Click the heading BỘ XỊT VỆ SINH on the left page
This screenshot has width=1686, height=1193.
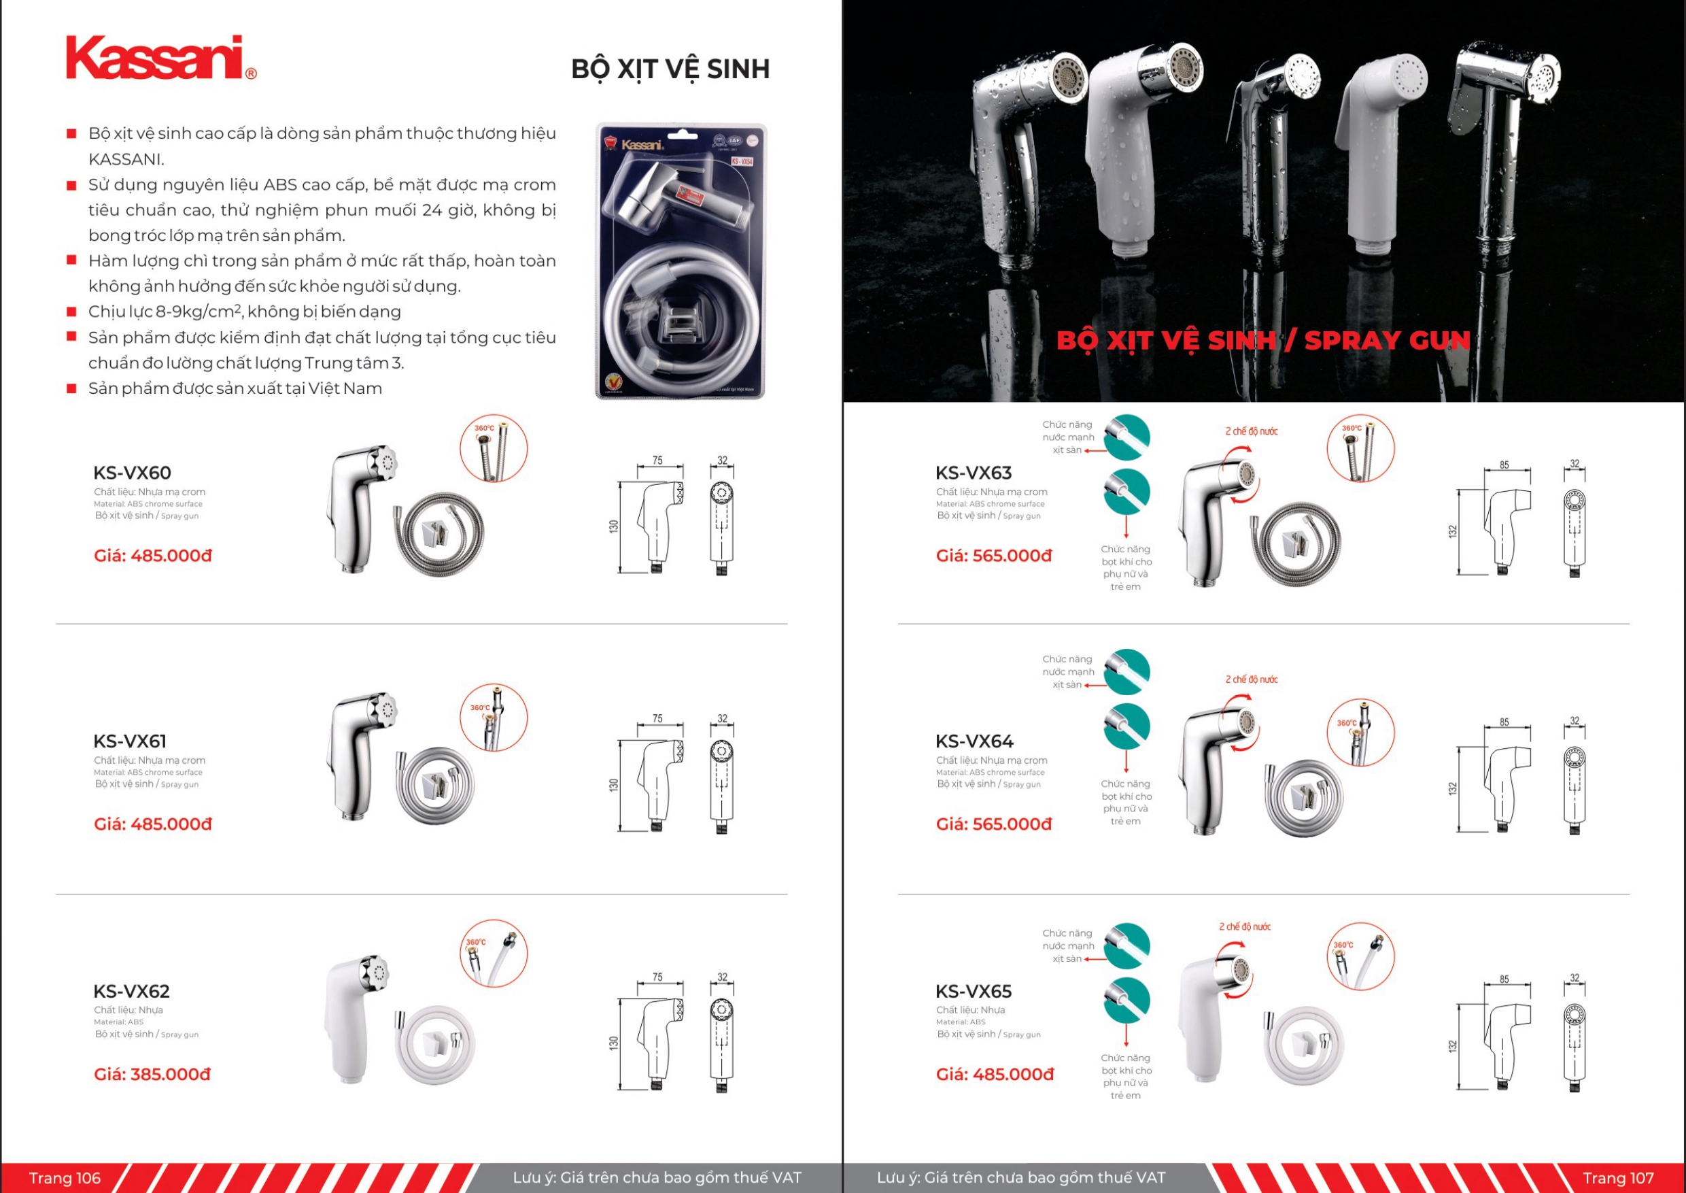[670, 69]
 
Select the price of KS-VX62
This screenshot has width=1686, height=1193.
[152, 1074]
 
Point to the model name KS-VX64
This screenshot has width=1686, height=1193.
[974, 741]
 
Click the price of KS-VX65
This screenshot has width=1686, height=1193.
[995, 1074]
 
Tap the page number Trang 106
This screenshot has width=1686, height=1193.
[65, 1177]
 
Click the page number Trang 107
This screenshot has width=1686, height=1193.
[1618, 1177]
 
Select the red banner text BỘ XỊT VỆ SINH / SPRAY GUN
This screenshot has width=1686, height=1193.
[1263, 341]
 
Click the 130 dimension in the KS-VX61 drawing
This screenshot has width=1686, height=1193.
[614, 784]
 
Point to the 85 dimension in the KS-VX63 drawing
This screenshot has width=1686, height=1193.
[1504, 465]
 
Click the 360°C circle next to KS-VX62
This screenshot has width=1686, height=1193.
[494, 953]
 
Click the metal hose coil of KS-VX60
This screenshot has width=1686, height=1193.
[439, 534]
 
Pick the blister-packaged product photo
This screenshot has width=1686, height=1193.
[680, 261]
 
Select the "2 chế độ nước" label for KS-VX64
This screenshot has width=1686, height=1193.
[1252, 679]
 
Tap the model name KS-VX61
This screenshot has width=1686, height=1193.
[130, 741]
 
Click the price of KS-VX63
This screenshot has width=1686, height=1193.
[993, 556]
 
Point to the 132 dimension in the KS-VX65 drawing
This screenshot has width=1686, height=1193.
[1451, 1045]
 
